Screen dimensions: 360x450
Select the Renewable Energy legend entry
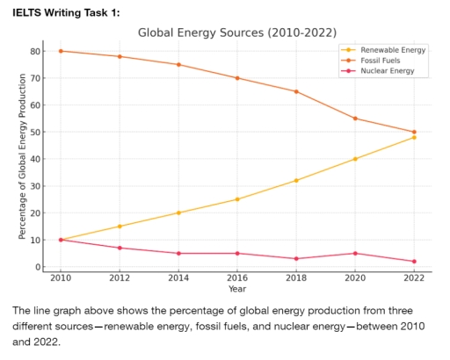pos(393,50)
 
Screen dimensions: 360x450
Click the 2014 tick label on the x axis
pos(179,278)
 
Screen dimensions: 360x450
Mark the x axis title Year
pos(237,289)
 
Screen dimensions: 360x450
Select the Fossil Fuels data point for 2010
pos(61,51)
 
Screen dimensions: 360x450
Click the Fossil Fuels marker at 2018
pos(296,91)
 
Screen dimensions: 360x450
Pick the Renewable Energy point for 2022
pos(414,137)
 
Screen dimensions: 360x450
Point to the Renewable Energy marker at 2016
pos(237,199)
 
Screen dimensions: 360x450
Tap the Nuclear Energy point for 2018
pos(296,259)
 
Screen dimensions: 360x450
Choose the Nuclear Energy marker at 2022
pos(414,262)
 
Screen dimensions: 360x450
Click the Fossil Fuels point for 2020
pos(355,119)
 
